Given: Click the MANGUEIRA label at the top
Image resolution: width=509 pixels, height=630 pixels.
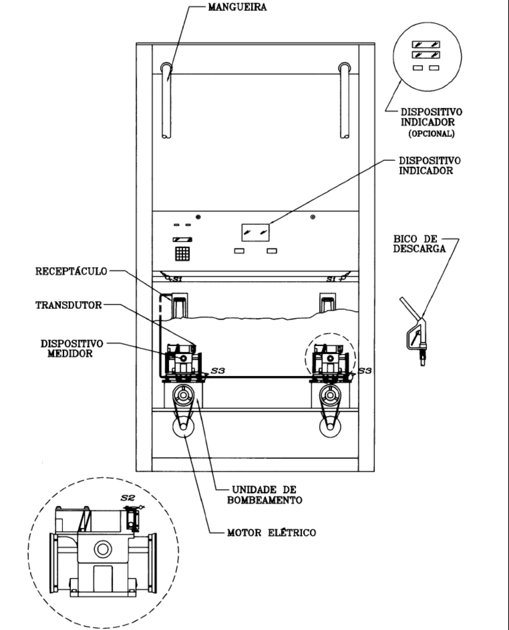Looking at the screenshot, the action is click(237, 7).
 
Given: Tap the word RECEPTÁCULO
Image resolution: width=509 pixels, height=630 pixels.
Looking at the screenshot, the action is click(71, 271).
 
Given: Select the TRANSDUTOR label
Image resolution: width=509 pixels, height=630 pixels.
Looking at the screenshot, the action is click(69, 305).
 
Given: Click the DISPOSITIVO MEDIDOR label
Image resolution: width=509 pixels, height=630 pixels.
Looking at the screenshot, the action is click(72, 349).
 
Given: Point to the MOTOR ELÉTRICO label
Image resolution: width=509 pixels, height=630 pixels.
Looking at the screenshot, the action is click(271, 533).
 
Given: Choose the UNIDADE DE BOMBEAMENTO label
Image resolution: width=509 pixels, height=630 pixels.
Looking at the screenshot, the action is click(265, 495).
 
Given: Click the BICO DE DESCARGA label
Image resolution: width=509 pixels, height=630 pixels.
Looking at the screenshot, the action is click(420, 244).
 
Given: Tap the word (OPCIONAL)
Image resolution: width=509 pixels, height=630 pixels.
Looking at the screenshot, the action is click(432, 134).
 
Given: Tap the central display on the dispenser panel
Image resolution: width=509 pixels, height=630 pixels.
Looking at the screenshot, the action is click(256, 232).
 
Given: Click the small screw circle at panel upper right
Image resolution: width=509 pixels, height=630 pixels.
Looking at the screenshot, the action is click(313, 217).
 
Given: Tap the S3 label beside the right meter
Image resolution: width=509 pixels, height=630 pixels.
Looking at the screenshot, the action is click(365, 370).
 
